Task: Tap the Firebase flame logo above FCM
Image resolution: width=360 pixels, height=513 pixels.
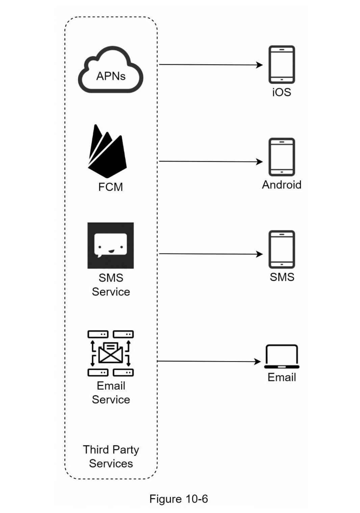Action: (107, 152)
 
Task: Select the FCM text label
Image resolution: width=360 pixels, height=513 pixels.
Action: (110, 187)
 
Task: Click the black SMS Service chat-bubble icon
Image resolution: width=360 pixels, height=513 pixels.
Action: (110, 245)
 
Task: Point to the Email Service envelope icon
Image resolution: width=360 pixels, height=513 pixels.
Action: (110, 353)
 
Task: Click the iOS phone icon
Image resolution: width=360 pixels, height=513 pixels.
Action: (282, 65)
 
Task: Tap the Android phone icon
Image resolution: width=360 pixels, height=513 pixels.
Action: (282, 157)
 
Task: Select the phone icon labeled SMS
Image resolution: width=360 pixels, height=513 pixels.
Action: (282, 249)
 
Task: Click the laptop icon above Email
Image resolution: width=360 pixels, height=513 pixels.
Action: (282, 357)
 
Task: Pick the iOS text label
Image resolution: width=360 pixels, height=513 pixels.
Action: (282, 92)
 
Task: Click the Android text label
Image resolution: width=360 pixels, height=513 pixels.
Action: (282, 185)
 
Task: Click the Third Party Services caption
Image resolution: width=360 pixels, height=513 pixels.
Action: (111, 457)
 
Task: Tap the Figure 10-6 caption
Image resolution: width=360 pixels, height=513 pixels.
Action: (179, 499)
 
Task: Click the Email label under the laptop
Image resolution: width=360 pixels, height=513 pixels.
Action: (282, 377)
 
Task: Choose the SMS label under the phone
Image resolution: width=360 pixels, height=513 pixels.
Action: (282, 277)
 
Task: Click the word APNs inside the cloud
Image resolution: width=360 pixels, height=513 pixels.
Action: (111, 76)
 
